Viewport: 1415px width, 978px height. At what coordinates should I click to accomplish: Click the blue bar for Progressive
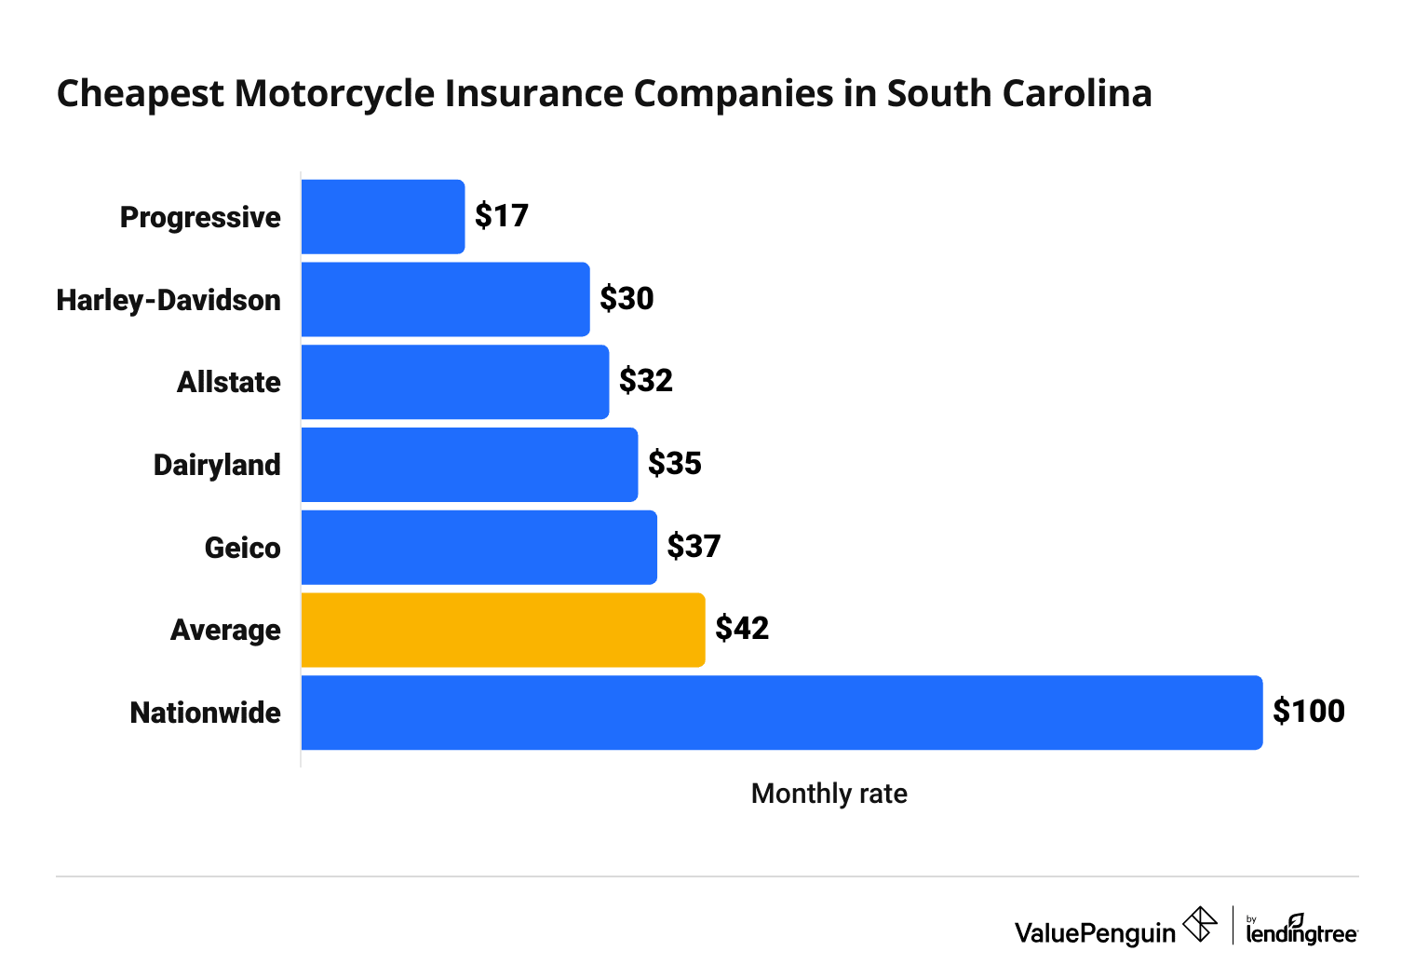point(383,217)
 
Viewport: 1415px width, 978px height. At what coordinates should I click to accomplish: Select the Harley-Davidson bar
point(445,299)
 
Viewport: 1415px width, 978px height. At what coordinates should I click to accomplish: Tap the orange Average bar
point(503,630)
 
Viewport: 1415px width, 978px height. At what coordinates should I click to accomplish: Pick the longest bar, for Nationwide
point(781,713)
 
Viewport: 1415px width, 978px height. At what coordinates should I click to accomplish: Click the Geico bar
point(478,548)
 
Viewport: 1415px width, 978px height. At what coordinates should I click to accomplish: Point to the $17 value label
point(502,216)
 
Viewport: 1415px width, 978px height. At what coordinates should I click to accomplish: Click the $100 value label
point(1309,712)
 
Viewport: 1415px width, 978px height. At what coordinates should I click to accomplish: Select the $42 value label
point(742,629)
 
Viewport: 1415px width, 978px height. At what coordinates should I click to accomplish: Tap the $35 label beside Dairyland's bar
point(675,464)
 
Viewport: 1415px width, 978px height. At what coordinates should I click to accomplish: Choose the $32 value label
point(646,381)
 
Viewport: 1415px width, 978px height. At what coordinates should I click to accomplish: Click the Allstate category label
point(229,382)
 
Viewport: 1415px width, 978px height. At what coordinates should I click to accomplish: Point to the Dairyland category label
point(217,465)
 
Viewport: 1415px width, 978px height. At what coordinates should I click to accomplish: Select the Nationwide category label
point(206,713)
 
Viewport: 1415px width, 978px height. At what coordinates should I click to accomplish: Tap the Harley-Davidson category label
point(168,300)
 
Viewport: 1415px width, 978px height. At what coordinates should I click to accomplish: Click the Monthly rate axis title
point(829,794)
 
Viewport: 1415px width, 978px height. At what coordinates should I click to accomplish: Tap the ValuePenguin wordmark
point(1095,932)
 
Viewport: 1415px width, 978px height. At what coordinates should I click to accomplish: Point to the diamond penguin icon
point(1200,925)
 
